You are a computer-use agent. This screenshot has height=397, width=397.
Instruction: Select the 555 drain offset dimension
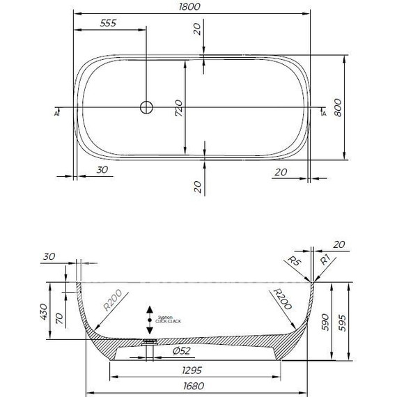108,23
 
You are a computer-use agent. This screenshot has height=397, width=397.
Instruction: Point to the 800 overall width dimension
338,108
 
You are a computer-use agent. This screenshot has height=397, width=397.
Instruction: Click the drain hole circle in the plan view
146,107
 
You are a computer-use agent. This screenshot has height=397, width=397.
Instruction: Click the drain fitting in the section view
148,343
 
